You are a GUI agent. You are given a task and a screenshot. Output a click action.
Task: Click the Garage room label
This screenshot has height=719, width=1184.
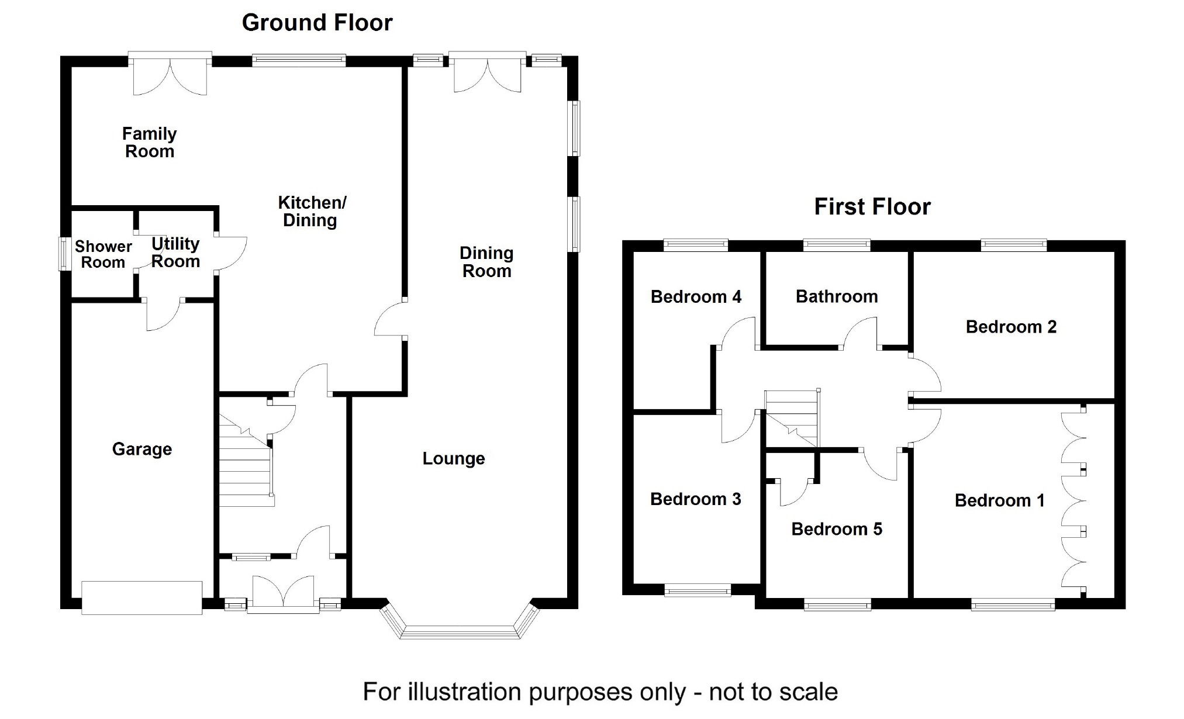(x=142, y=449)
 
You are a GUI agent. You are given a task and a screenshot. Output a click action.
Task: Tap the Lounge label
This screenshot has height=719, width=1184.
(x=454, y=458)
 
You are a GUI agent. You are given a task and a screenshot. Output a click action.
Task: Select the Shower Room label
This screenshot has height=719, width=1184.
(x=103, y=254)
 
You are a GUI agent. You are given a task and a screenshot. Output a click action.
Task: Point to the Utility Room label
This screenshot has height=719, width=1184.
(x=175, y=253)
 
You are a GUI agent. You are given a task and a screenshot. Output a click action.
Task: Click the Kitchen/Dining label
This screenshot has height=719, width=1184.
(x=312, y=212)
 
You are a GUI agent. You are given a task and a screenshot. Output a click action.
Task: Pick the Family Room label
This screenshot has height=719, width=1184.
(x=150, y=143)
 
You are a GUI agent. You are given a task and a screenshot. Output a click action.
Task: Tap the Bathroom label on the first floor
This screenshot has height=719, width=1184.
(x=837, y=296)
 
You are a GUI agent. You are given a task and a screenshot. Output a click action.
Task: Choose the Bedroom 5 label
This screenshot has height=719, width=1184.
(x=837, y=529)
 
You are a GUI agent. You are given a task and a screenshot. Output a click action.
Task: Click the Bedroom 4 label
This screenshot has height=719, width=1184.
(x=696, y=296)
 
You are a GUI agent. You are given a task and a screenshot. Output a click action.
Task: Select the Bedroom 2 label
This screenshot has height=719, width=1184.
(x=1011, y=327)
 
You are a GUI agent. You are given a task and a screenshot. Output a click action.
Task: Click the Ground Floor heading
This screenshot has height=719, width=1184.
(x=317, y=23)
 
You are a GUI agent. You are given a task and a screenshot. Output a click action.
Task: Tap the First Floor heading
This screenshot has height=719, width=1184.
(x=872, y=207)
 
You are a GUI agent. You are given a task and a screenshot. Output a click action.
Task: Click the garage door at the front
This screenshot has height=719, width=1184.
(x=141, y=597)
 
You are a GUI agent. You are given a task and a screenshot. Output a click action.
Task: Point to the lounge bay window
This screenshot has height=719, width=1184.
(x=460, y=631)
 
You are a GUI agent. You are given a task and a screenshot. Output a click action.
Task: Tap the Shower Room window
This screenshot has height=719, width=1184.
(x=63, y=254)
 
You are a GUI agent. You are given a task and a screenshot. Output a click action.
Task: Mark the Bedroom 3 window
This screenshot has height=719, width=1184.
(x=698, y=590)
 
